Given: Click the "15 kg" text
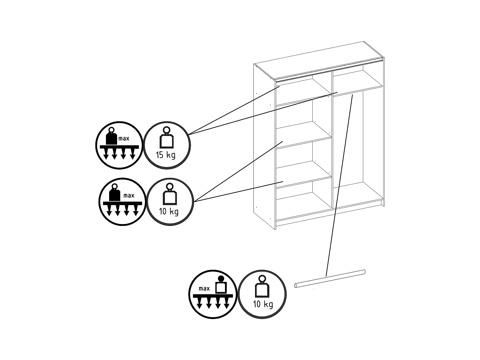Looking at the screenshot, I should (165, 155).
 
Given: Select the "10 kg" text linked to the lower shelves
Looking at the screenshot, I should (169, 211).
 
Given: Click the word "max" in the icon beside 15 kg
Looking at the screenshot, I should (124, 139).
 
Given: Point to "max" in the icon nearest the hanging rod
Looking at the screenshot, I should (204, 288).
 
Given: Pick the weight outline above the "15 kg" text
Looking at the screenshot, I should (166, 141).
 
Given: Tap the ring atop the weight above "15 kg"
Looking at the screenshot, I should (166, 130).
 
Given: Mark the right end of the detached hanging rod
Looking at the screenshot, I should (363, 272).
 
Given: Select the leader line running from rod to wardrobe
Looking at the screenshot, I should (339, 186).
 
